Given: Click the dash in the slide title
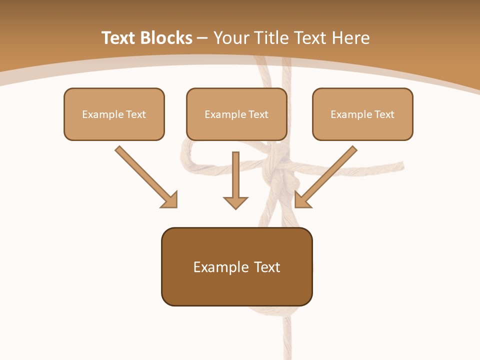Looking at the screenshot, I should pos(202,38).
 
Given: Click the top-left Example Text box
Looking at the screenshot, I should pos(114,114).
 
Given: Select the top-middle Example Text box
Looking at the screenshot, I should pos(236,114).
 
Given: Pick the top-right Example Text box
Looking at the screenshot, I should pos(362,114).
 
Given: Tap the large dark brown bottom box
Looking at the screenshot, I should pos(236,266).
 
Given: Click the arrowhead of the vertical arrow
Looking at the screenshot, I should pos(235,202).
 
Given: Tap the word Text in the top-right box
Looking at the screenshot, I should pos(383,114).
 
